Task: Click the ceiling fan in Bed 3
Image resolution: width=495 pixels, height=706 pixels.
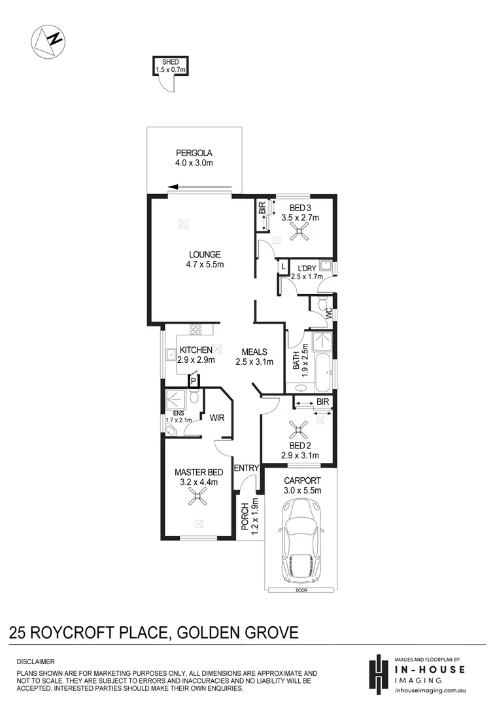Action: (301, 229)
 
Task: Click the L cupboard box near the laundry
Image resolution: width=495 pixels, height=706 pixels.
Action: (282, 267)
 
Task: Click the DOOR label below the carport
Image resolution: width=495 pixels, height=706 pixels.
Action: (301, 590)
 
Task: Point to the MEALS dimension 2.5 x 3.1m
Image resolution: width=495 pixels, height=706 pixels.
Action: (254, 361)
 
